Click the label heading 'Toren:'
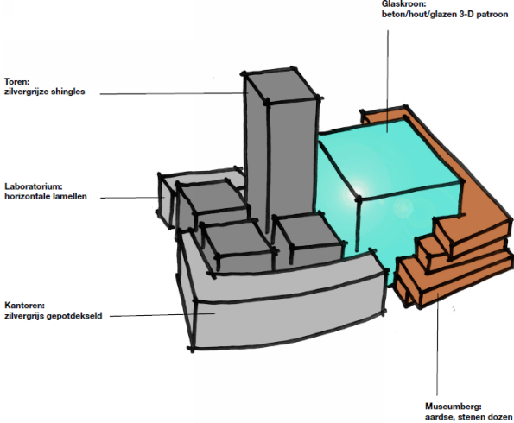click(16, 81)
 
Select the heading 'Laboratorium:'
click(34, 186)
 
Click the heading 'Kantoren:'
click(24, 306)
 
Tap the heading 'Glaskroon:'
click(403, 4)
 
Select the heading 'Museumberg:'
click(454, 407)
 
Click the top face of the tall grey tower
click(281, 85)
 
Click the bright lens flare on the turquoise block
click(357, 193)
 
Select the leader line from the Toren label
click(174, 94)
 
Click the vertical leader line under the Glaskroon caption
click(389, 81)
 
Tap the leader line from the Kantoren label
click(162, 315)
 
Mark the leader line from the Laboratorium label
click(132, 198)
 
